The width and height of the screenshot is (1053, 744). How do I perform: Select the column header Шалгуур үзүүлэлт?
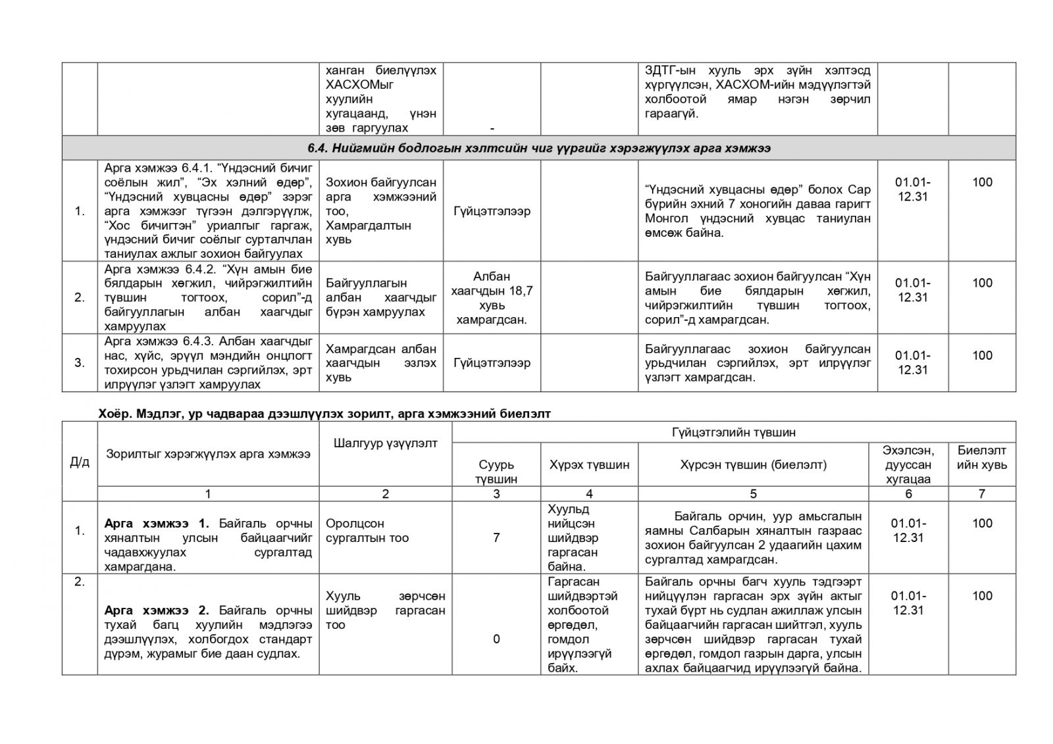pos(385,443)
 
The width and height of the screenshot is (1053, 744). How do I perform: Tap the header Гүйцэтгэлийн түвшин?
pos(733,432)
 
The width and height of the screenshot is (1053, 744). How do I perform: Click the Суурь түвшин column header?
pos(496,472)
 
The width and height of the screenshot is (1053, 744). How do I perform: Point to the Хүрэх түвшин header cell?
pos(589,464)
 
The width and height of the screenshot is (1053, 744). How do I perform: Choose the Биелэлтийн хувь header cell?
pos(981,457)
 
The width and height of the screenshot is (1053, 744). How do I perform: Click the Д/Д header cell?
pos(80,462)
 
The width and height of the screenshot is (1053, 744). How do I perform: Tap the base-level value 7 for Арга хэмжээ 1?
pos(496,537)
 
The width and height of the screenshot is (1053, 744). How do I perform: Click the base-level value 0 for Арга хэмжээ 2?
pos(496,639)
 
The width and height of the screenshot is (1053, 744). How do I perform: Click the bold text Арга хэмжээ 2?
pos(157,610)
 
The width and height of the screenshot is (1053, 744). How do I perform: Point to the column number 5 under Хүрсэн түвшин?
pos(753,493)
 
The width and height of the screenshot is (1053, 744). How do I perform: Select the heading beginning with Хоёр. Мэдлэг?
pos(324,413)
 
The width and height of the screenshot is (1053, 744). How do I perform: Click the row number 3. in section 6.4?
pos(80,362)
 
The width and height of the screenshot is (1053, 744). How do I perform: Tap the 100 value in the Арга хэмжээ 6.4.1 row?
pos(982,182)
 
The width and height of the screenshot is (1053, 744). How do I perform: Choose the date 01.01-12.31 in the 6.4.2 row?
pos(912,290)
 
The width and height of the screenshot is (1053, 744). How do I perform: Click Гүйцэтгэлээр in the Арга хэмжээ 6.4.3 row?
pos(492,362)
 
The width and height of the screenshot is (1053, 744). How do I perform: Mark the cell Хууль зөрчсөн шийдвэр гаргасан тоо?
pos(385,610)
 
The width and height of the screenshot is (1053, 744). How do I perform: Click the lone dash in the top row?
pos(492,128)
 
